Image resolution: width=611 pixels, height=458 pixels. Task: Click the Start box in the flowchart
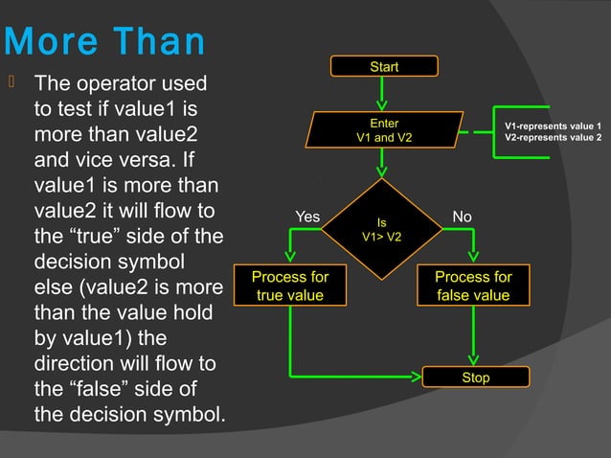384,66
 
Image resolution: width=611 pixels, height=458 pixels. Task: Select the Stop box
475,378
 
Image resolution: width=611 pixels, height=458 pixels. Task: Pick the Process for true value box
289,286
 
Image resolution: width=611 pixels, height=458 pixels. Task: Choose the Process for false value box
473,286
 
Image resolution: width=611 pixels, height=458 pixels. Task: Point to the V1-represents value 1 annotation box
553,132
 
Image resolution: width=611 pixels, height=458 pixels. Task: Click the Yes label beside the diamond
307,218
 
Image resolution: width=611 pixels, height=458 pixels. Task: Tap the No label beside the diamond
462,218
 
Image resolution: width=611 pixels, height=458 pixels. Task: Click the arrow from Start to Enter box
383,93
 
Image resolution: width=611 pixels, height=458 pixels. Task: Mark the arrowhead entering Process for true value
290,257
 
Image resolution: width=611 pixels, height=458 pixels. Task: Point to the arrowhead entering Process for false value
474,257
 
